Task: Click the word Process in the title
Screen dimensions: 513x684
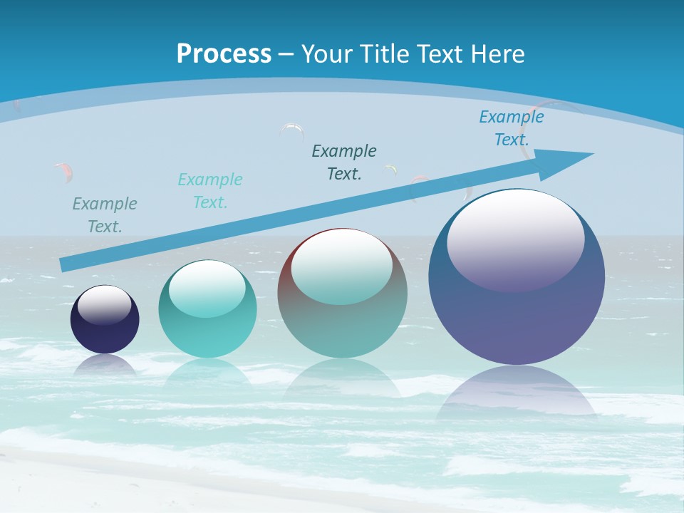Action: [224, 54]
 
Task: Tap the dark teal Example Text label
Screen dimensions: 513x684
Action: [344, 162]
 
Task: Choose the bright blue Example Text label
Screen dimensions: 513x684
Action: [512, 128]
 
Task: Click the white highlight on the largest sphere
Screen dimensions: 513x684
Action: [515, 239]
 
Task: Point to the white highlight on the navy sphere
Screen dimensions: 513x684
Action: [104, 305]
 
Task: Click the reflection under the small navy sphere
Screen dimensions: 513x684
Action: [105, 365]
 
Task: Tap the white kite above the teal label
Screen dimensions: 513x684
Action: [292, 130]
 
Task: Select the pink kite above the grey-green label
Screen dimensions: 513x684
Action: [64, 171]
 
